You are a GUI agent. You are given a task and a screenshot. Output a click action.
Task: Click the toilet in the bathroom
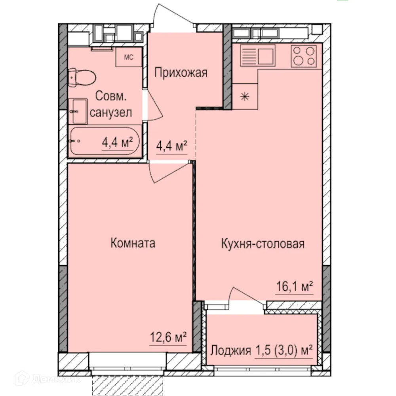pos(81,78)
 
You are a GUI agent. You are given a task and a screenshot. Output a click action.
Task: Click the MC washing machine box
pos(129,57)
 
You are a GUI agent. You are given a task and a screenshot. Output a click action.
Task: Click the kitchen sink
pos(257,56)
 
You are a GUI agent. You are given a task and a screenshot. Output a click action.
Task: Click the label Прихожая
pos(181,73)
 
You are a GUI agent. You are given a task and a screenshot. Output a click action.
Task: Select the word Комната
pos(133,243)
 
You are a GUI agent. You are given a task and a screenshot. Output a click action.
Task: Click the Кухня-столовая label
pos(263,244)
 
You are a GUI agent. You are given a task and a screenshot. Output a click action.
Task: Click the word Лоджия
pos(231,350)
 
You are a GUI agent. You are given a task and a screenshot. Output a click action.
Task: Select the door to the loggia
pos(247,297)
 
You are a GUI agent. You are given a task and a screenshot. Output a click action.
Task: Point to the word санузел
pos(111,113)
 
